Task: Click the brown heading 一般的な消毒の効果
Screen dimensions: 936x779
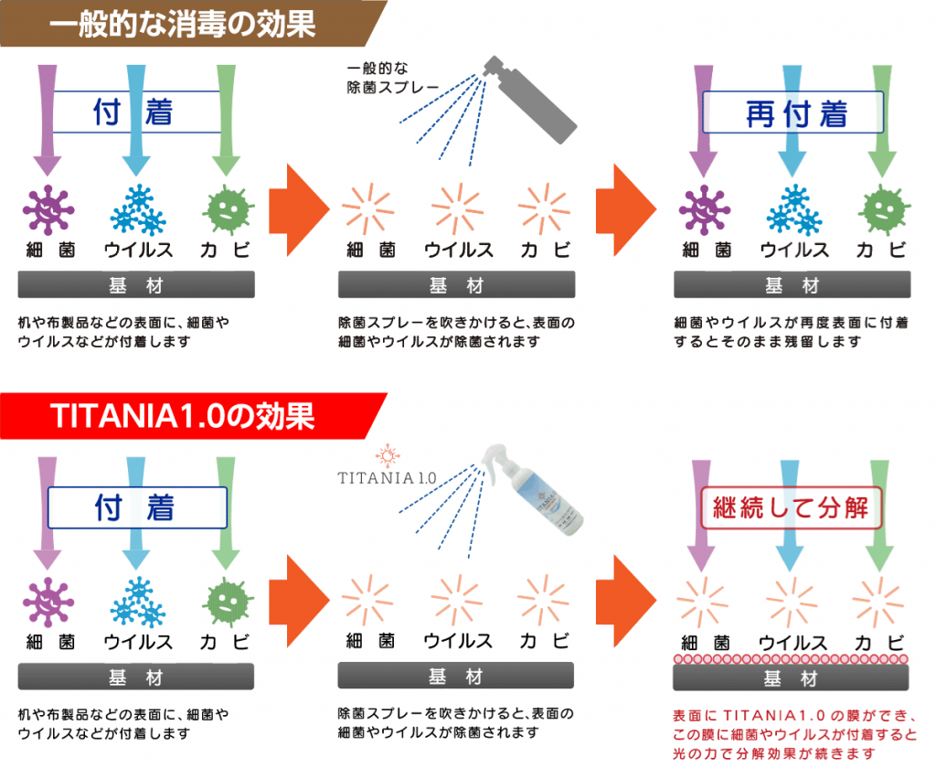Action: [182, 25]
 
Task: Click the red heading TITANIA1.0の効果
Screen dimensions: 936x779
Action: [182, 416]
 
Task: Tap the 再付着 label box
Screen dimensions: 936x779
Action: [792, 112]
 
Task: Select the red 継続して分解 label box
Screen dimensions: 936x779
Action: [791, 508]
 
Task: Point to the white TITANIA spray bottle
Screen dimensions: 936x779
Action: [533, 489]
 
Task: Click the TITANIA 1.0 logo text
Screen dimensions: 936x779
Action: [387, 477]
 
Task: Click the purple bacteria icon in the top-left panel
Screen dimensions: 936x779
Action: [48, 209]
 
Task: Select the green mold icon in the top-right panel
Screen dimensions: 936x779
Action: [884, 209]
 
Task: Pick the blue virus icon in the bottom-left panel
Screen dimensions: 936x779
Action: [138, 603]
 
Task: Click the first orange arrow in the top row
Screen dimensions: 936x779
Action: [299, 210]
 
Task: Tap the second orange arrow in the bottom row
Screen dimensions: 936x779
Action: [626, 601]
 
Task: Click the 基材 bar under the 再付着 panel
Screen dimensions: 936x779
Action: [792, 284]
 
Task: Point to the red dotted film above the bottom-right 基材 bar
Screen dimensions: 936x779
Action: [791, 659]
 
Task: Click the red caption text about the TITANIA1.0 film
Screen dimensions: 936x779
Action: [794, 734]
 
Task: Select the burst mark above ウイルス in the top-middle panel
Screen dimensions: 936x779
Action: [457, 209]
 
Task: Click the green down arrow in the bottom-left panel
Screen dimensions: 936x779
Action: [226, 513]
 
